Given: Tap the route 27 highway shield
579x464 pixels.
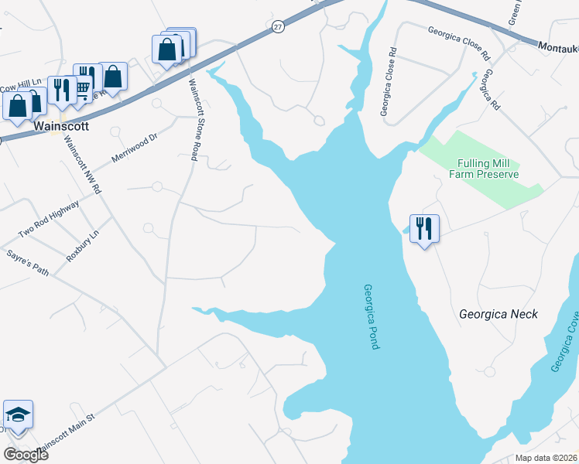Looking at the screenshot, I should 278,26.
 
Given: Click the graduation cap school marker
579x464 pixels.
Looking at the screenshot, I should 18,415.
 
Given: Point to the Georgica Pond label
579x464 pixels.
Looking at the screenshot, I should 371,316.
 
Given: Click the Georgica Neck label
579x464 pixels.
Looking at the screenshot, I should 498,314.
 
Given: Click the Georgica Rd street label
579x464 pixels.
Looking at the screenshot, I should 488,89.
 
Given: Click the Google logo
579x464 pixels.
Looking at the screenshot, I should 26,455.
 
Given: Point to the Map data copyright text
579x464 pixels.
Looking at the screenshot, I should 545,458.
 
